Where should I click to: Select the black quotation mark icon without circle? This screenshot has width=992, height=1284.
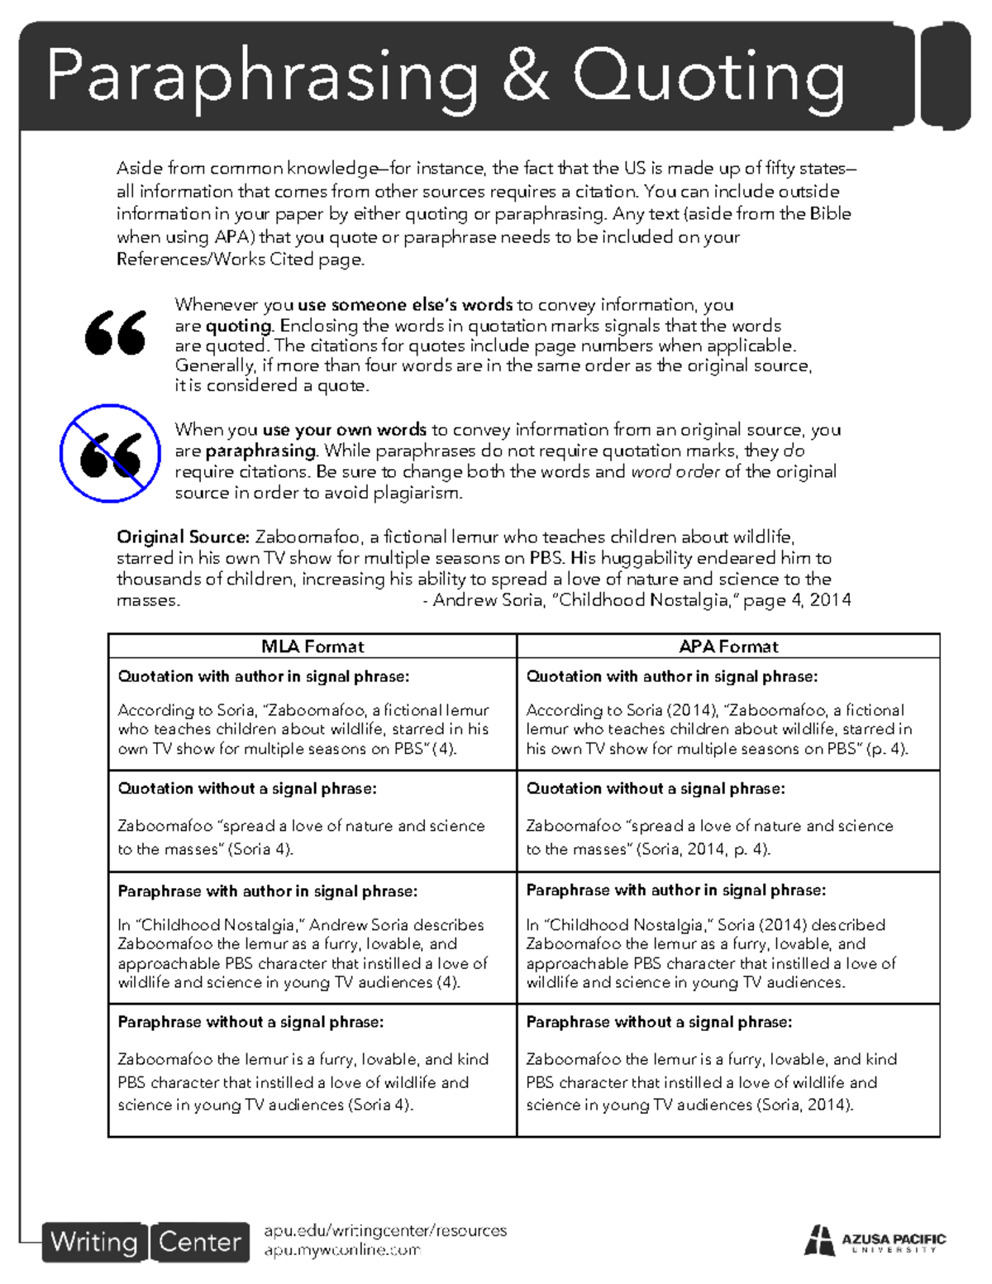[x=116, y=332]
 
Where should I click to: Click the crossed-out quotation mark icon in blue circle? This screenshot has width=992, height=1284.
[x=110, y=453]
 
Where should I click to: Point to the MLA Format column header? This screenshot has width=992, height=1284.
[x=312, y=647]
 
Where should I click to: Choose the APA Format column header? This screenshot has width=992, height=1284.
[x=728, y=647]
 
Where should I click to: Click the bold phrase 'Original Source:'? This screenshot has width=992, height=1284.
[x=183, y=537]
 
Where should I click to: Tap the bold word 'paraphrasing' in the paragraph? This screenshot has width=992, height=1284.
[x=260, y=451]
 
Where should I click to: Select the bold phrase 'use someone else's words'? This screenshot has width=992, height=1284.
[x=405, y=305]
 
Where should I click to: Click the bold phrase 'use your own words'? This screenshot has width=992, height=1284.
[x=344, y=430]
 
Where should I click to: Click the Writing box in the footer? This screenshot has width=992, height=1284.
[x=94, y=1242]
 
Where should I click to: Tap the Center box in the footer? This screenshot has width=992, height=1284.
[x=199, y=1242]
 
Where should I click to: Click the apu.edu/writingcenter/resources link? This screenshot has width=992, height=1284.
[x=384, y=1230]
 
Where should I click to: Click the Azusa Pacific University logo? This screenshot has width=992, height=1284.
[x=875, y=1241]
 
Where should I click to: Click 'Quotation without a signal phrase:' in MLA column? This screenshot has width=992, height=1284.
[x=246, y=789]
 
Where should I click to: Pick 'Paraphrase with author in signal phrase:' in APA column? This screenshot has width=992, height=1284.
[x=675, y=890]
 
